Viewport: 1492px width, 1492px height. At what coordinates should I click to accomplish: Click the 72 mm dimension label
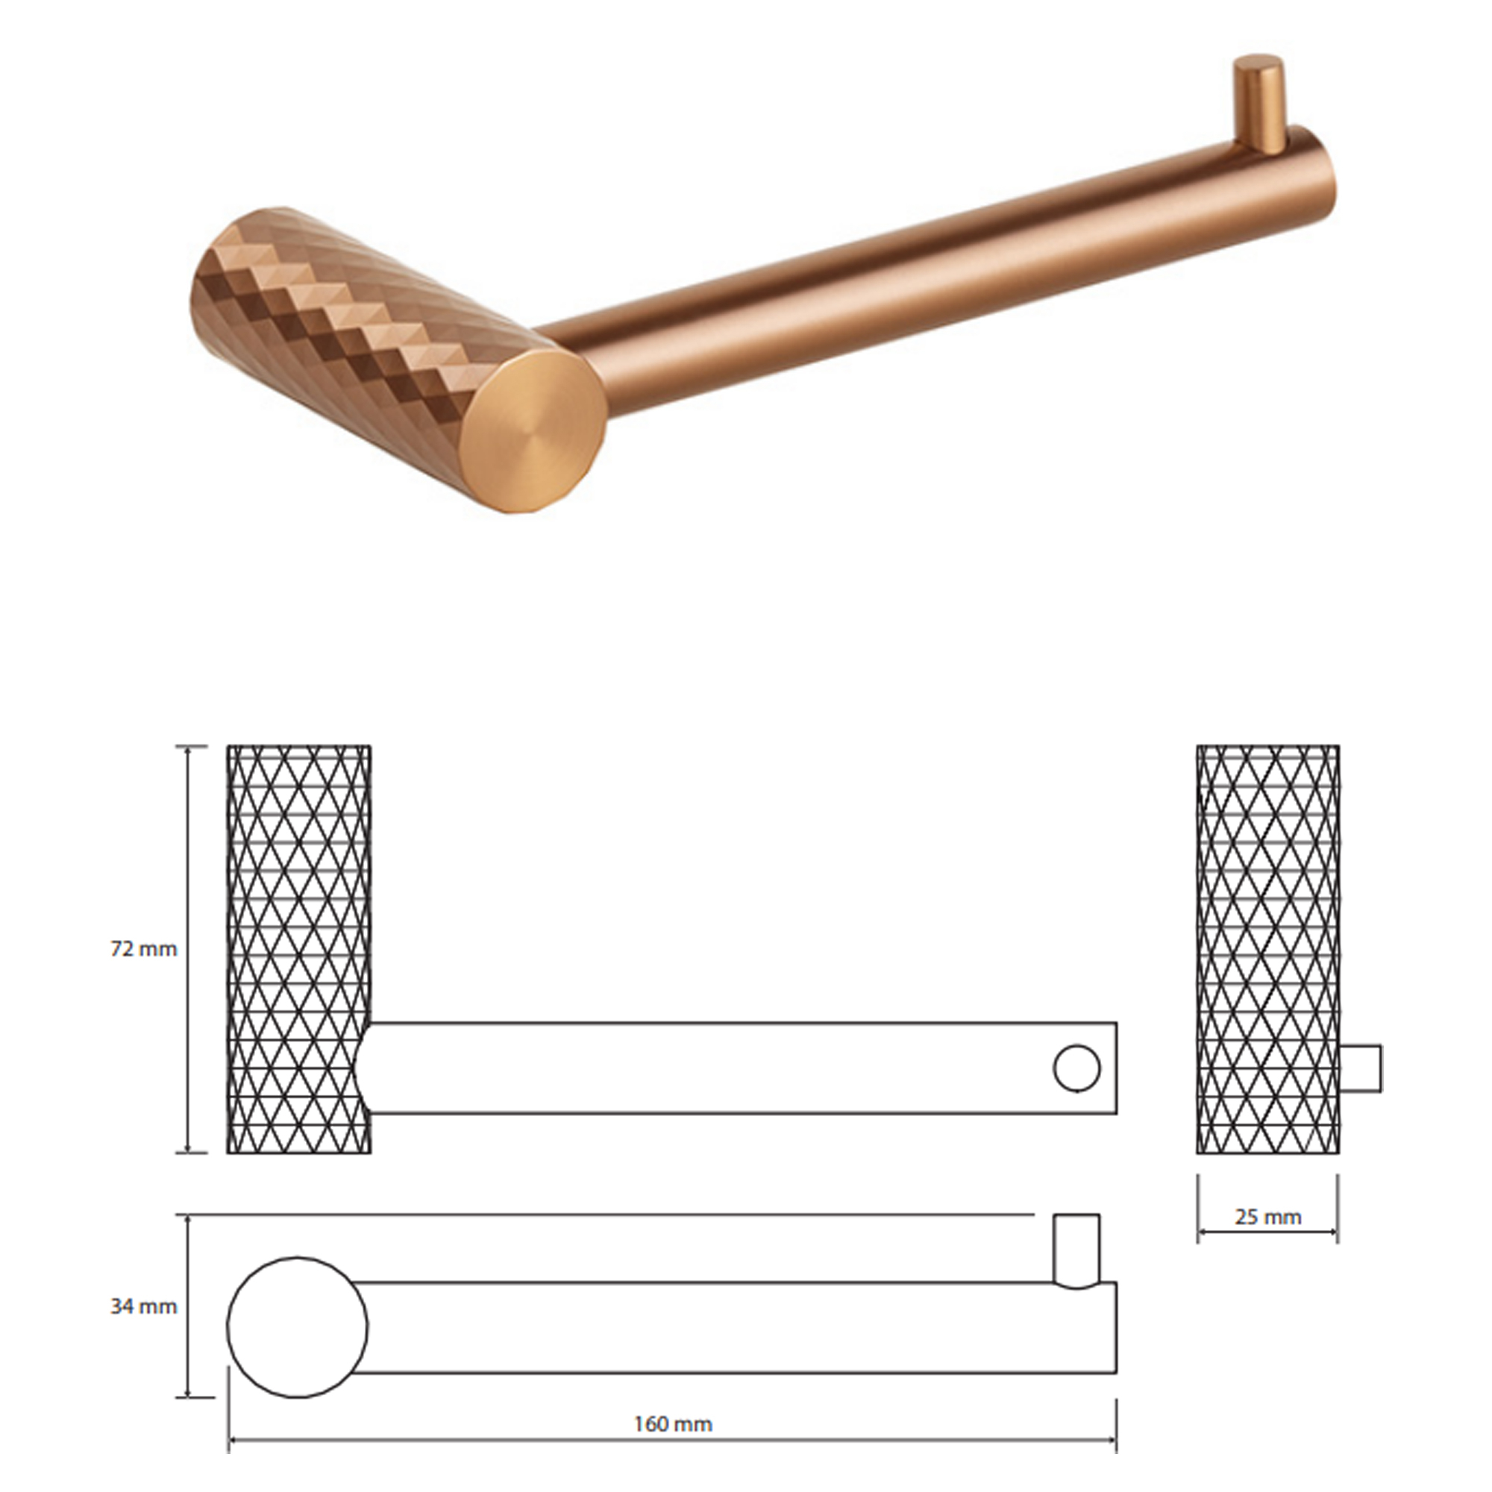click(x=144, y=949)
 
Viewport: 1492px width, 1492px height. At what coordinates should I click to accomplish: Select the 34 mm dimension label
click(x=144, y=1307)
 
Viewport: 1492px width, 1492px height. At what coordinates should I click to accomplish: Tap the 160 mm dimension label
click(x=674, y=1424)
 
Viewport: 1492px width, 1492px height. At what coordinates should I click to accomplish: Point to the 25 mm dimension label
click(x=1268, y=1217)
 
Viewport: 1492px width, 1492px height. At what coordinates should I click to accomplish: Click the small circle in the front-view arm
click(x=1076, y=1069)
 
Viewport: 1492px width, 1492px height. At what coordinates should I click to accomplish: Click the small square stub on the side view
click(x=1361, y=1069)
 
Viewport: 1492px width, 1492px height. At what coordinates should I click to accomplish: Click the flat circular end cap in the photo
click(x=536, y=433)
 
